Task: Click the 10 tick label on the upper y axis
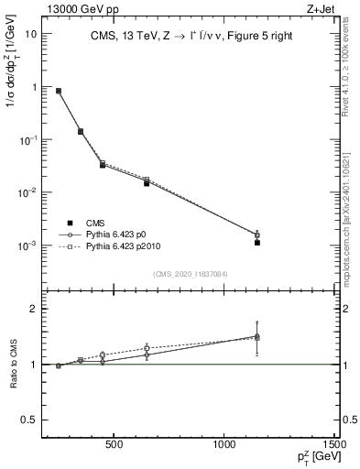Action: click(x=31, y=34)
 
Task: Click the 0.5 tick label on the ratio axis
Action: click(x=31, y=420)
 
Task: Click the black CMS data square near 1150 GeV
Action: click(x=257, y=243)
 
